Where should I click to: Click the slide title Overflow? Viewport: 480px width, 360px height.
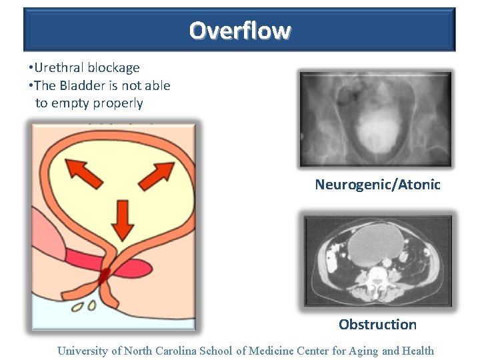(239, 31)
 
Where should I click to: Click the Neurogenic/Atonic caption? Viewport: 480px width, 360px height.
(377, 185)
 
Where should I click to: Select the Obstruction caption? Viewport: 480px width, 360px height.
(377, 325)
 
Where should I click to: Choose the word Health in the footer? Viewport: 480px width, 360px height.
(417, 351)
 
